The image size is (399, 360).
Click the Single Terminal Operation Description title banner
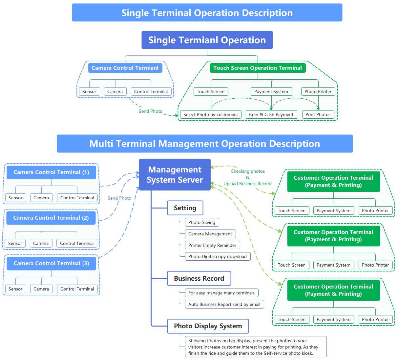coord(207,12)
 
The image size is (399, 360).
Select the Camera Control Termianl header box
coord(125,68)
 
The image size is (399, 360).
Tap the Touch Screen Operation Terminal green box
coord(258,68)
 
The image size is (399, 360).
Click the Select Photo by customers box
coord(210,114)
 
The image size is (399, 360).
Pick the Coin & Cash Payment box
coord(271,114)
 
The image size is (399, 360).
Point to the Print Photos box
coord(318,114)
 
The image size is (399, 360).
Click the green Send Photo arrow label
coord(151,111)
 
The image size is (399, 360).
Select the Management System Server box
coord(175,174)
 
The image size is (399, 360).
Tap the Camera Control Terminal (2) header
coord(51,218)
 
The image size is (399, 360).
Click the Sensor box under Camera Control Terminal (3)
coord(15,289)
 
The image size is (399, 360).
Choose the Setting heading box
coord(185,208)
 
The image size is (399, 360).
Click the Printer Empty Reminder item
coord(212,245)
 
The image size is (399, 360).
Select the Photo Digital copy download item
coord(218,256)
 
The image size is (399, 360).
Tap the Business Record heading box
coord(199,278)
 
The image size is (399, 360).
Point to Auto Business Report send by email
coord(224,304)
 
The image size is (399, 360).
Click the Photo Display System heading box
coord(208,326)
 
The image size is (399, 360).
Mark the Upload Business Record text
coord(248,184)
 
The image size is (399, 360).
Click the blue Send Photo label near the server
coord(119,198)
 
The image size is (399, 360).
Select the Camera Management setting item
coord(210,234)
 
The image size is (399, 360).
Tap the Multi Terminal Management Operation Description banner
coord(205,144)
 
